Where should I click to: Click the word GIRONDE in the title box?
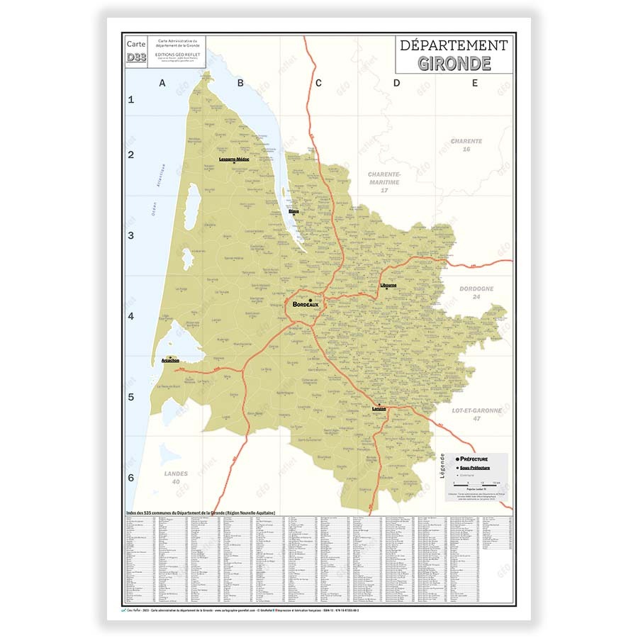(454, 62)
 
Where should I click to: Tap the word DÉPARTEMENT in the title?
(454, 45)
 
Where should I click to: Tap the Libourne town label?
(388, 286)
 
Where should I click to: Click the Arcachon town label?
(170, 361)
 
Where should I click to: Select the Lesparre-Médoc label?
(235, 159)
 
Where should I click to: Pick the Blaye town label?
(293, 211)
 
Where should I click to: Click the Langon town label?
(379, 409)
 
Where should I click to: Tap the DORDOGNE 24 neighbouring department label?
(476, 293)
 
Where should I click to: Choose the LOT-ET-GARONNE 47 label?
(476, 415)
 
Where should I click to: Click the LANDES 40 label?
(175, 477)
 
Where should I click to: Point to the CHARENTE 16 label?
(466, 145)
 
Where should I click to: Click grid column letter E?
(475, 84)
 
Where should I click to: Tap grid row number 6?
(130, 478)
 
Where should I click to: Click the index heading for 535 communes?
(199, 513)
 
